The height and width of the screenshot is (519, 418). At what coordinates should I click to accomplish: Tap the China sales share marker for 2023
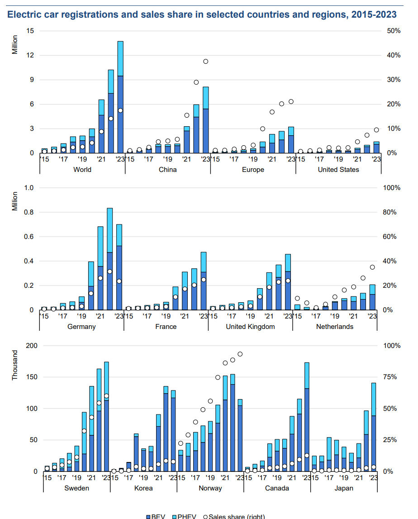205,62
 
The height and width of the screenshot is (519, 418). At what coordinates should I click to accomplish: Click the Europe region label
253,170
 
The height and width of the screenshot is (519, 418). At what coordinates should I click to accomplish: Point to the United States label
338,170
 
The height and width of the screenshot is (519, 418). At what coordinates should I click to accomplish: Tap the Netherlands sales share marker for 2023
373,267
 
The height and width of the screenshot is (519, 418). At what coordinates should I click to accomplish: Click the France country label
166,327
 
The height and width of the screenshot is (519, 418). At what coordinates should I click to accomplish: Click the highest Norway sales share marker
240,354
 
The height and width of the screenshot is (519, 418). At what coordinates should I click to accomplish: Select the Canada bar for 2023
307,417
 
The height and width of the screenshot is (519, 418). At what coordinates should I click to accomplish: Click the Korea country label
143,488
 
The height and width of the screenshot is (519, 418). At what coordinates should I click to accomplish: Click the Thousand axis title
15,365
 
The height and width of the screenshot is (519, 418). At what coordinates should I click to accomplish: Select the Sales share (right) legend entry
237,516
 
